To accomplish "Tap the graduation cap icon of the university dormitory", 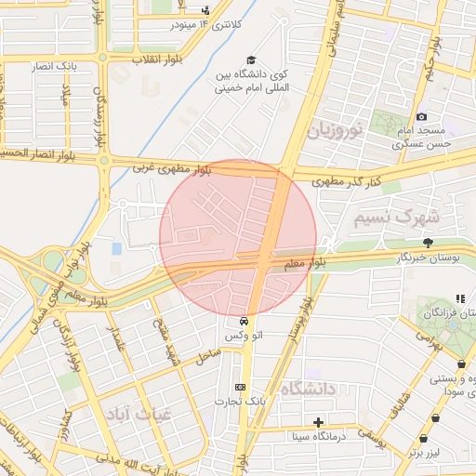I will (x=250, y=59).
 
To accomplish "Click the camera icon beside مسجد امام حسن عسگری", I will (x=422, y=117).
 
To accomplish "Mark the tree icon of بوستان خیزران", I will (x=428, y=243).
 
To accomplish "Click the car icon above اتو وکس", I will (x=245, y=320).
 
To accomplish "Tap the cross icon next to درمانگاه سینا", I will (x=319, y=422).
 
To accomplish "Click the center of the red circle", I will (x=238, y=238).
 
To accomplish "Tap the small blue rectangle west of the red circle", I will (x=116, y=249).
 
